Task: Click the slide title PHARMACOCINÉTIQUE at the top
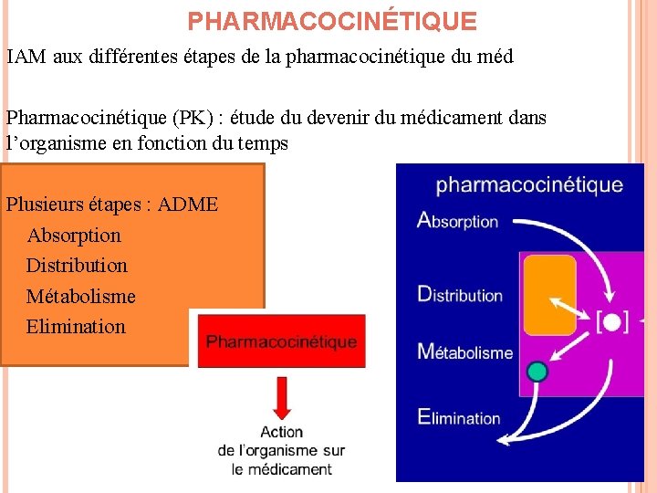[x=332, y=20]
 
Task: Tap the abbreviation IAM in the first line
[x=25, y=57]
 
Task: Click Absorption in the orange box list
[x=74, y=235]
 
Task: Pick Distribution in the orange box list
[x=77, y=265]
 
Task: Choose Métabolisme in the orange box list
[x=80, y=296]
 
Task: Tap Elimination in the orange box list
[x=76, y=326]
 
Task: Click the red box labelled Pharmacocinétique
[x=281, y=341]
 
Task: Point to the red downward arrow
[x=281, y=398]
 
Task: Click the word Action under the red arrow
[x=281, y=432]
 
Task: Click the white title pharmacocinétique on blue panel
[x=529, y=185]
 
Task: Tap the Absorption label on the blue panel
[x=457, y=220]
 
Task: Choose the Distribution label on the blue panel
[x=460, y=294]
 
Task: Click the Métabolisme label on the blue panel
[x=465, y=351]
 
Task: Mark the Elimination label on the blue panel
[x=459, y=417]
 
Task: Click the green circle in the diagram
[x=537, y=371]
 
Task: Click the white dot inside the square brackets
[x=612, y=321]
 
